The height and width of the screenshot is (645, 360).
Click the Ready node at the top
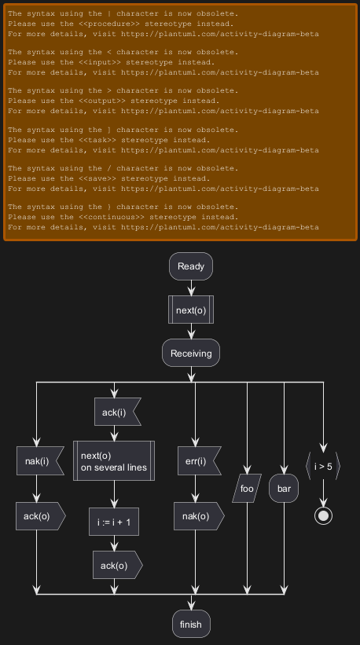[x=191, y=266]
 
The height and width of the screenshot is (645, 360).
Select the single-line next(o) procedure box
[x=191, y=310]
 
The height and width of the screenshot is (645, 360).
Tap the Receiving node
[x=191, y=353]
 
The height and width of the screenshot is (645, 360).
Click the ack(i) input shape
[x=117, y=412]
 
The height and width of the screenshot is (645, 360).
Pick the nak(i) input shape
[x=40, y=460]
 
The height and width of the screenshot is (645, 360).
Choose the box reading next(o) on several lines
[x=114, y=461]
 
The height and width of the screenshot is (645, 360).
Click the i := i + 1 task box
[x=114, y=522]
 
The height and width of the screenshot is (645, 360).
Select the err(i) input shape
[x=199, y=460]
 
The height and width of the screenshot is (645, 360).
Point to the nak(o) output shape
[x=199, y=516]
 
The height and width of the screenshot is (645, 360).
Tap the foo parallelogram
[x=247, y=489]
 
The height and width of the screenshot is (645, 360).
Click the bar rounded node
[x=284, y=489]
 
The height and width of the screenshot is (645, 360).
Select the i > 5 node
[x=323, y=466]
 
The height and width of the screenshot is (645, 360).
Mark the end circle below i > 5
[x=323, y=516]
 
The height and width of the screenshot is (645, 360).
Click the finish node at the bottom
[x=191, y=624]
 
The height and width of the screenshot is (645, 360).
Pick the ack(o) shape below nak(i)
[x=41, y=516]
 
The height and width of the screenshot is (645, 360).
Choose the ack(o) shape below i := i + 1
[x=118, y=565]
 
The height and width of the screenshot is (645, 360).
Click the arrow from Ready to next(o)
[x=191, y=288]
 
